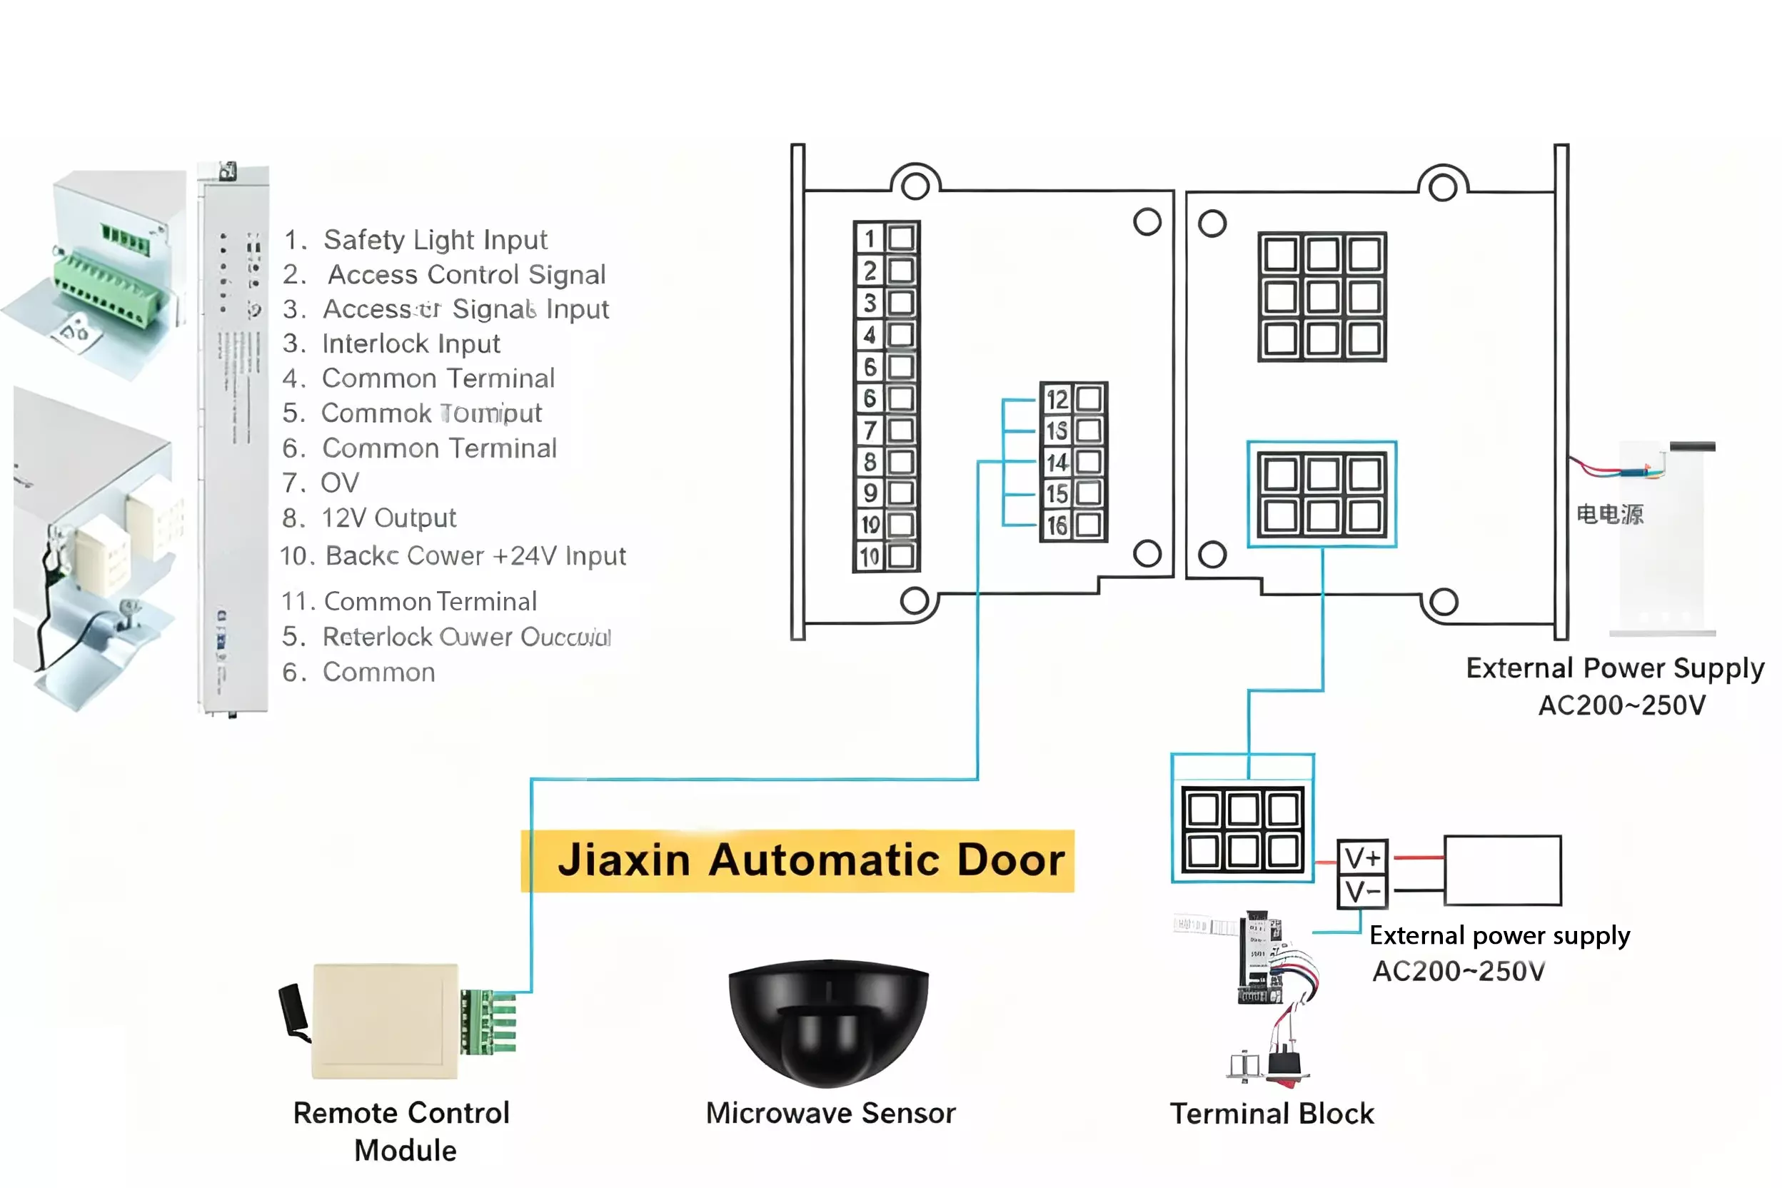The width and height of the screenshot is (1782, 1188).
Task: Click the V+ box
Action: click(x=1362, y=857)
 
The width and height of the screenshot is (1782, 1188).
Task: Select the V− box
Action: click(x=1362, y=892)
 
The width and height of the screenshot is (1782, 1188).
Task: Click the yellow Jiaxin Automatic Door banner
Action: click(x=797, y=861)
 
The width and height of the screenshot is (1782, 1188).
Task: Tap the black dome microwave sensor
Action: click(x=828, y=1019)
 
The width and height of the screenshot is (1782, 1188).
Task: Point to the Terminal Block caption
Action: click(x=1272, y=1114)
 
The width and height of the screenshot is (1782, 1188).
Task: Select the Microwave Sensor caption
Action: click(x=830, y=1113)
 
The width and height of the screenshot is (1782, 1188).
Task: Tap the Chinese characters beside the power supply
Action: click(x=1609, y=515)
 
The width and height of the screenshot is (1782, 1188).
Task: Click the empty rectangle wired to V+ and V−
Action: click(x=1502, y=870)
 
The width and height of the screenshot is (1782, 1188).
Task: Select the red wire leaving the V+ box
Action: click(x=1419, y=857)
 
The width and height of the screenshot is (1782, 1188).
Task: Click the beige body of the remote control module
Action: click(x=385, y=1020)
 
